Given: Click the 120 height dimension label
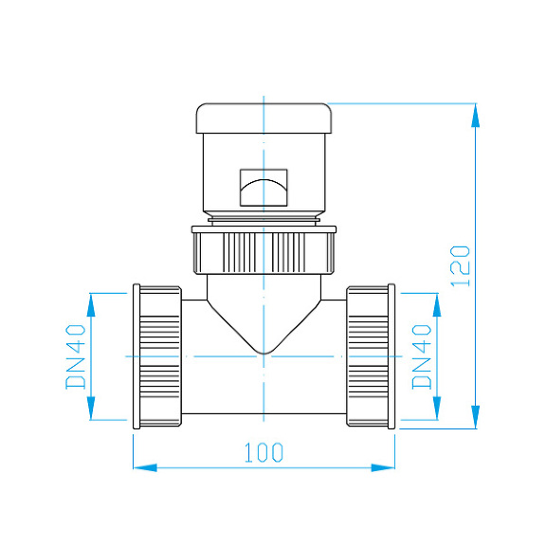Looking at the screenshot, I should click(x=460, y=267).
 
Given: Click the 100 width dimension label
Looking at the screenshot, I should click(x=264, y=452).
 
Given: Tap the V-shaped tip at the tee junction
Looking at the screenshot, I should click(x=264, y=351).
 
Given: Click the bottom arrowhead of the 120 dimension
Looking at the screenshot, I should click(x=476, y=418).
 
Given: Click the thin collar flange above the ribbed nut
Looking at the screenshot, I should click(x=264, y=228).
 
